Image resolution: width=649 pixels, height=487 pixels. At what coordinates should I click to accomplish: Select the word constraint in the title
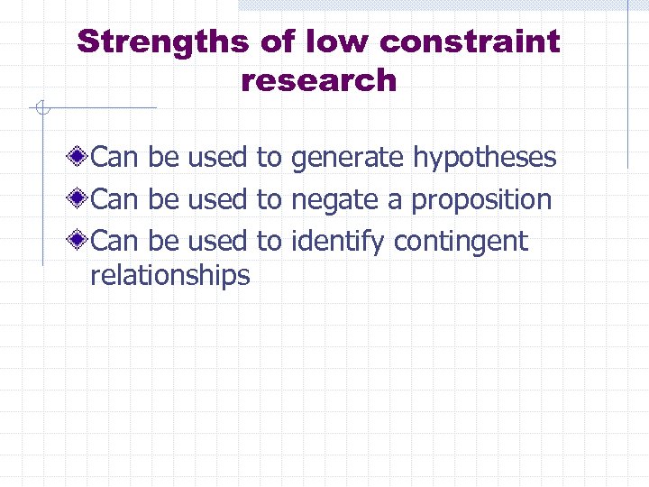(471, 41)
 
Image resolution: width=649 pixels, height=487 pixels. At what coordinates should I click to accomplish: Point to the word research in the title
(318, 80)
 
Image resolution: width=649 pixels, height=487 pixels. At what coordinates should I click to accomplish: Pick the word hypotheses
(484, 158)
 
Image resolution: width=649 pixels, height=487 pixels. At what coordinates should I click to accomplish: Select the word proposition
(481, 199)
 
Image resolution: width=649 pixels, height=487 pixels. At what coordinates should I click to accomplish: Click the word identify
(338, 241)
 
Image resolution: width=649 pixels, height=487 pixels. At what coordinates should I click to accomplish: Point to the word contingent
(461, 241)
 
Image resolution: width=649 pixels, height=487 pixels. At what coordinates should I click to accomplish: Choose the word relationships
(170, 274)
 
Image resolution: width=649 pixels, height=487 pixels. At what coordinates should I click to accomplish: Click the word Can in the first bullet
(115, 158)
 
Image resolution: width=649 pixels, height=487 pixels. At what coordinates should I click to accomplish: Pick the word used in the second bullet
(217, 199)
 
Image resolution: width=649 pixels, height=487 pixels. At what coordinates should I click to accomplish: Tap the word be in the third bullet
(163, 241)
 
